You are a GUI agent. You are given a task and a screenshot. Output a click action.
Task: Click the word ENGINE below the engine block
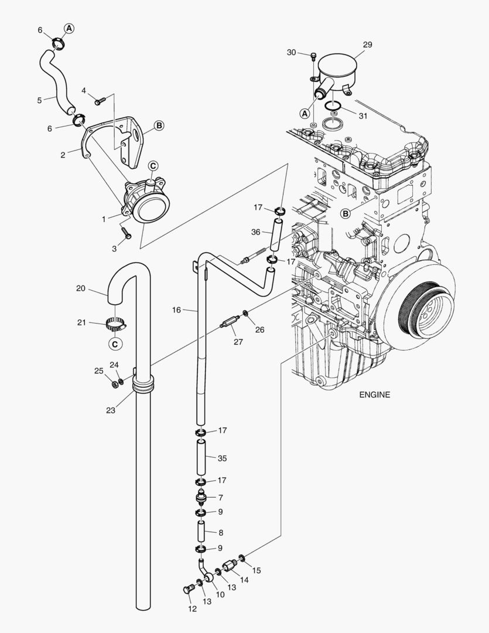click(374, 394)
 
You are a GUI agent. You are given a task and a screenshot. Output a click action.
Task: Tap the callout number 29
click(367, 45)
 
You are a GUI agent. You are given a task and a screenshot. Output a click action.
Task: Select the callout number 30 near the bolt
click(292, 52)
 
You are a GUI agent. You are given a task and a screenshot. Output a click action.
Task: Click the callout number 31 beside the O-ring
click(363, 116)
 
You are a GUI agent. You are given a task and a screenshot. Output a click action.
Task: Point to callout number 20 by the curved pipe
click(81, 288)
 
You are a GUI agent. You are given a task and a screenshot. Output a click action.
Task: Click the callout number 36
click(256, 232)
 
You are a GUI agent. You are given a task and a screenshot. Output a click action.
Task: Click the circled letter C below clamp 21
click(116, 343)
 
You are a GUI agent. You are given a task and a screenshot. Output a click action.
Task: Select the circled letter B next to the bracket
click(159, 125)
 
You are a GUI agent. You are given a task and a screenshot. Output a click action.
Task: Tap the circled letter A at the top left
click(69, 28)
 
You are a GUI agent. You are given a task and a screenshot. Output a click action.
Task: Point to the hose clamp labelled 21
click(116, 322)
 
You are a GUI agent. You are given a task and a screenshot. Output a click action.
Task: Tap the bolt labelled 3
click(127, 234)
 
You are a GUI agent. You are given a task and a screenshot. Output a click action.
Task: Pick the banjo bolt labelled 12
click(187, 589)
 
